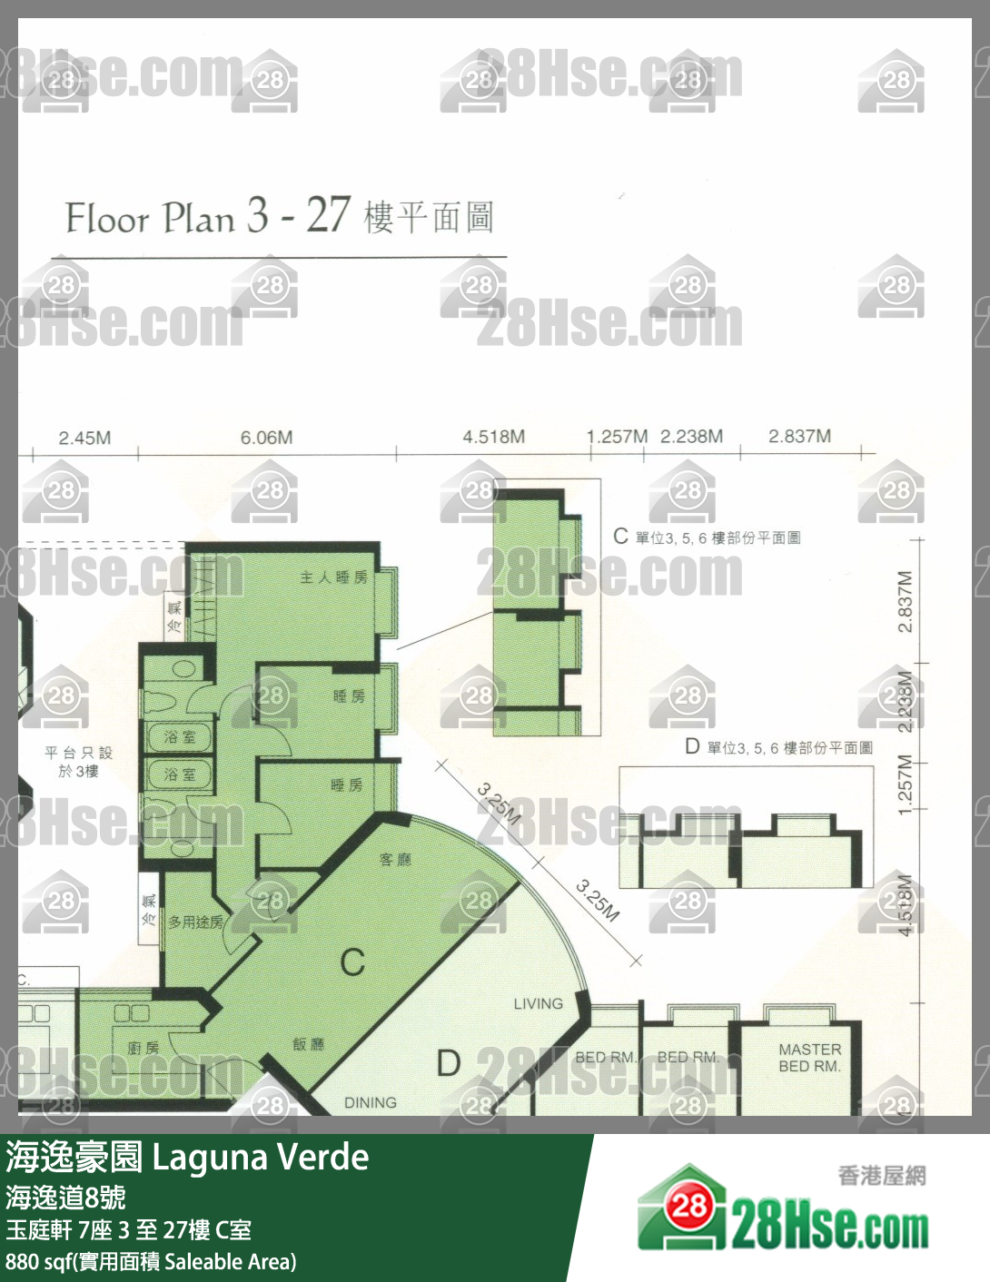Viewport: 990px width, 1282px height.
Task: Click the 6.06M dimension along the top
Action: pos(266,438)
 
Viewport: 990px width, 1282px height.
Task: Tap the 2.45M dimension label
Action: pos(84,438)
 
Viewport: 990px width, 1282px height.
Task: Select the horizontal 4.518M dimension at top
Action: pos(493,437)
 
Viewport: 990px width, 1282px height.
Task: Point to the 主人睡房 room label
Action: pos(333,577)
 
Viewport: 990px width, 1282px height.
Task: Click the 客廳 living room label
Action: pos(395,859)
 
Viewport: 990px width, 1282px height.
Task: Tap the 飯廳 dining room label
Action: pos(308,1044)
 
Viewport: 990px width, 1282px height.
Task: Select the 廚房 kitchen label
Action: pos(143,1048)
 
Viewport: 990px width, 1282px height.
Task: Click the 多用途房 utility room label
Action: pos(195,922)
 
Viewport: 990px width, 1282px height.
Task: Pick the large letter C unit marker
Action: pos(352,962)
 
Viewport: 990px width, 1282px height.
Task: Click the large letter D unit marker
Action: pos(449,1063)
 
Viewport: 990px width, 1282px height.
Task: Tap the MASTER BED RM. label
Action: pos(809,1058)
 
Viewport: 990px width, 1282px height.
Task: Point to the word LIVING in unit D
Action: pos(538,1003)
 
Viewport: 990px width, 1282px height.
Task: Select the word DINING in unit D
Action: pos(370,1102)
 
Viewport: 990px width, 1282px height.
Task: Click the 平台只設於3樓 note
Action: pos(78,762)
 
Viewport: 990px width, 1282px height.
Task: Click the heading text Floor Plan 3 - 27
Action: pos(207,218)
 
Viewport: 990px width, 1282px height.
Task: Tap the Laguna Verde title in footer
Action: pos(260,1158)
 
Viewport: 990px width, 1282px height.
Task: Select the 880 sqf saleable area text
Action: pos(151,1262)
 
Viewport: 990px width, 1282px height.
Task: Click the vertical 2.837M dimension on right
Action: pos(905,602)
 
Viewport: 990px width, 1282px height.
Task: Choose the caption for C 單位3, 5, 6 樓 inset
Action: pos(707,537)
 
